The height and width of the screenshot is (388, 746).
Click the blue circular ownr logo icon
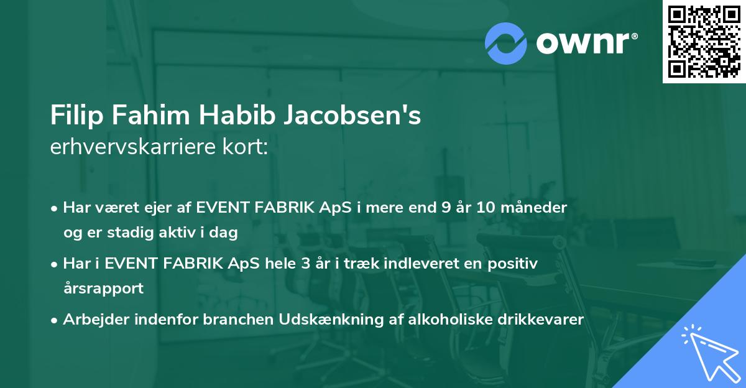505,43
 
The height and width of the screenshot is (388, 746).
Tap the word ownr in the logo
586,43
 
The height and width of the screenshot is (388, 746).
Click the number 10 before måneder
486,208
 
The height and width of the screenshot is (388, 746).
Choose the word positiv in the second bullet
513,263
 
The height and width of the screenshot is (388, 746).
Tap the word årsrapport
103,288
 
